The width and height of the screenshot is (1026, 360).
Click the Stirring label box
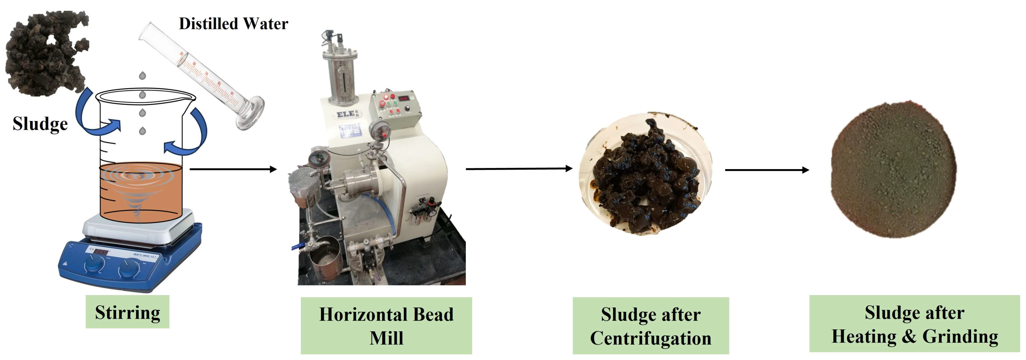click(x=127, y=312)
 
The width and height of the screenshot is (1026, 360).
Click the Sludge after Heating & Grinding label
click(x=914, y=324)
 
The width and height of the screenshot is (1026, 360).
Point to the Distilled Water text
click(x=233, y=24)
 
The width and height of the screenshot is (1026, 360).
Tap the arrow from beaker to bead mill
click(x=233, y=169)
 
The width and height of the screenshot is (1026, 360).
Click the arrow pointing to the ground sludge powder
click(x=767, y=170)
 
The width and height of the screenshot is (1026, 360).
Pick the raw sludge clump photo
click(x=46, y=54)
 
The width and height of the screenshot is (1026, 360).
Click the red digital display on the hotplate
click(x=101, y=252)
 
